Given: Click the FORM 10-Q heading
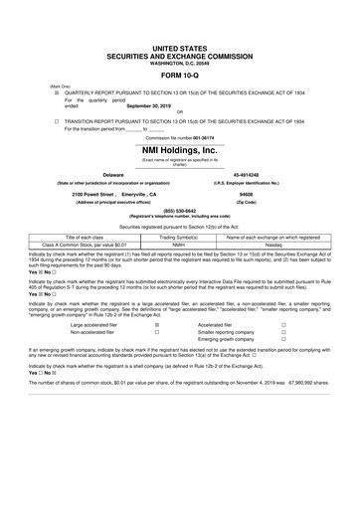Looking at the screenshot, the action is (x=180, y=73).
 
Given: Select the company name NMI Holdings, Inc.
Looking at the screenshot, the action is (x=180, y=149).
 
